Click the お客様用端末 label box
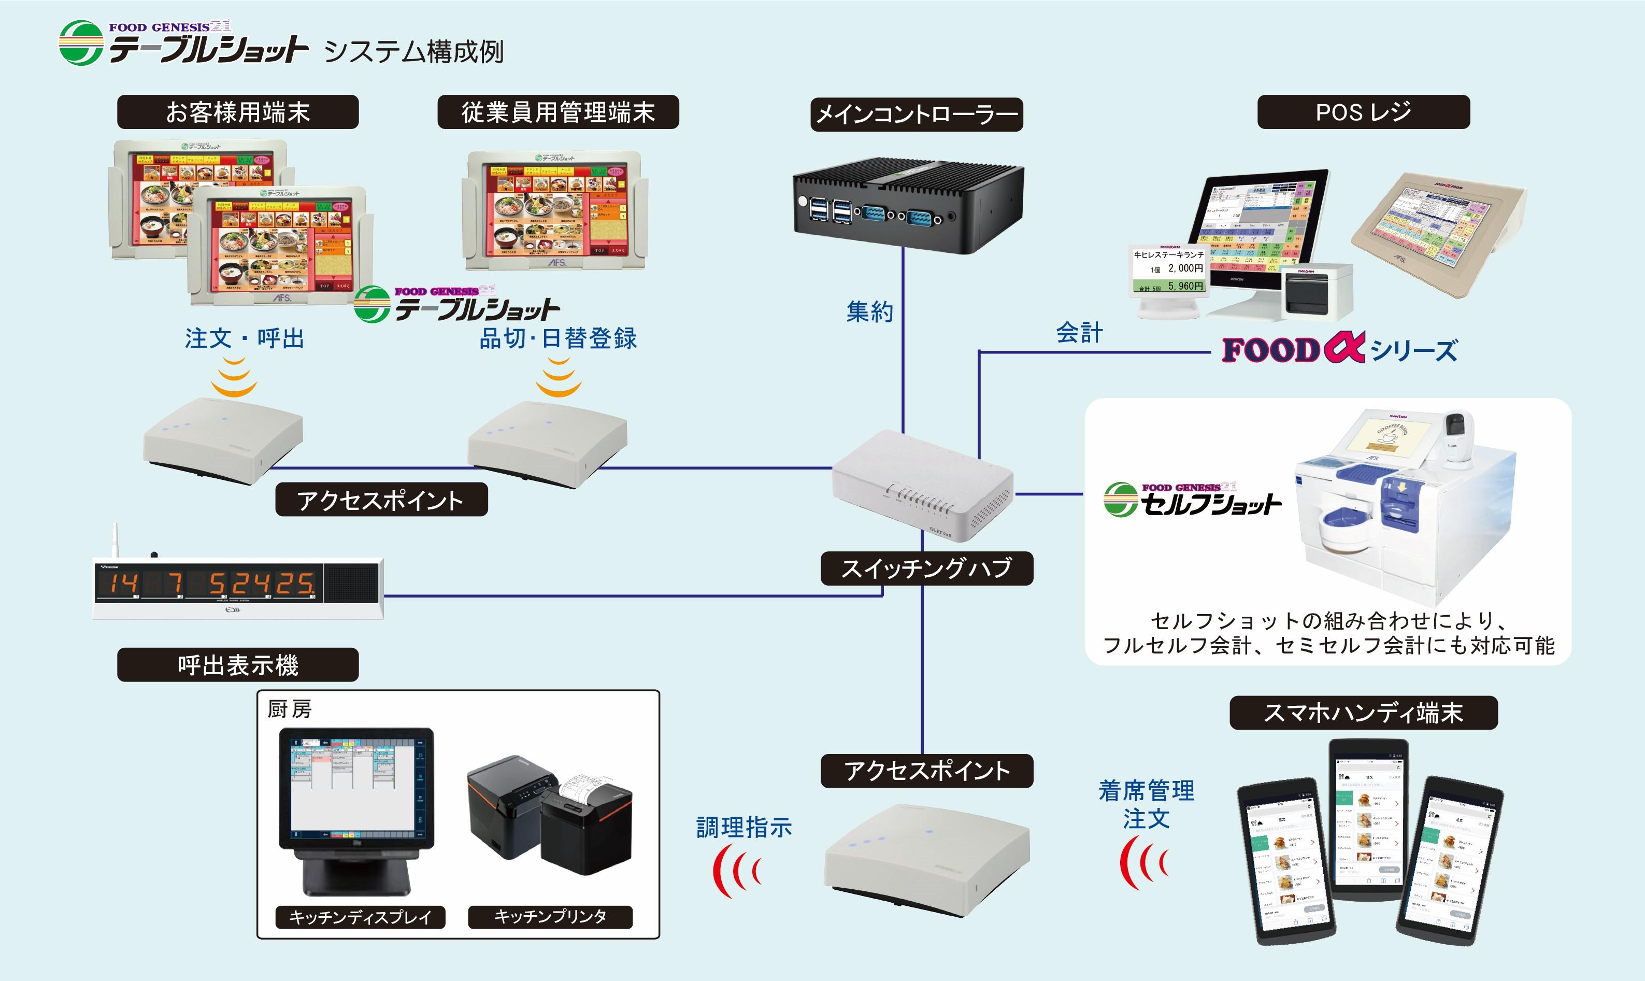238,112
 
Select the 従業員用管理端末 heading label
558,112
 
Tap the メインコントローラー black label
917,115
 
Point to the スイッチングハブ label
926,568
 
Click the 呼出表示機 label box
238,665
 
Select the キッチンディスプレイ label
360,917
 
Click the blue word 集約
870,311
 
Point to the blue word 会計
1079,333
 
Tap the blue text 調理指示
743,827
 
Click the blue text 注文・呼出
245,338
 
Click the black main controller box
908,205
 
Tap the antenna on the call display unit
115,542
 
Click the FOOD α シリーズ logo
1339,350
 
